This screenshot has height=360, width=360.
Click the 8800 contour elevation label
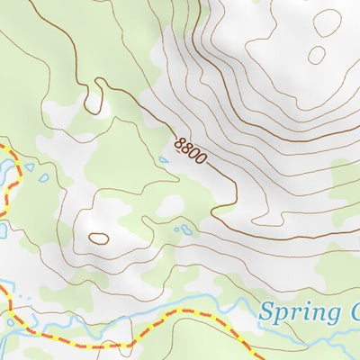(x=191, y=149)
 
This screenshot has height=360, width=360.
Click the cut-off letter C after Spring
(x=354, y=313)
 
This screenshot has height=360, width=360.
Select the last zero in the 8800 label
(x=202, y=159)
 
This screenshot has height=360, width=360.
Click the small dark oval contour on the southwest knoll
(x=98, y=238)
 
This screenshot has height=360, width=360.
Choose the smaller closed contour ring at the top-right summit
(x=316, y=55)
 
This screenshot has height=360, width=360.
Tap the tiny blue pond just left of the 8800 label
(x=163, y=160)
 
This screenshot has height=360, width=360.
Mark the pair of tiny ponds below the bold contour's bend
(x=184, y=229)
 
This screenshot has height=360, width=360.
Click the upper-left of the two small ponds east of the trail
(x=30, y=166)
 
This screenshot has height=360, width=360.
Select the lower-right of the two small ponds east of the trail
(x=43, y=178)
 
